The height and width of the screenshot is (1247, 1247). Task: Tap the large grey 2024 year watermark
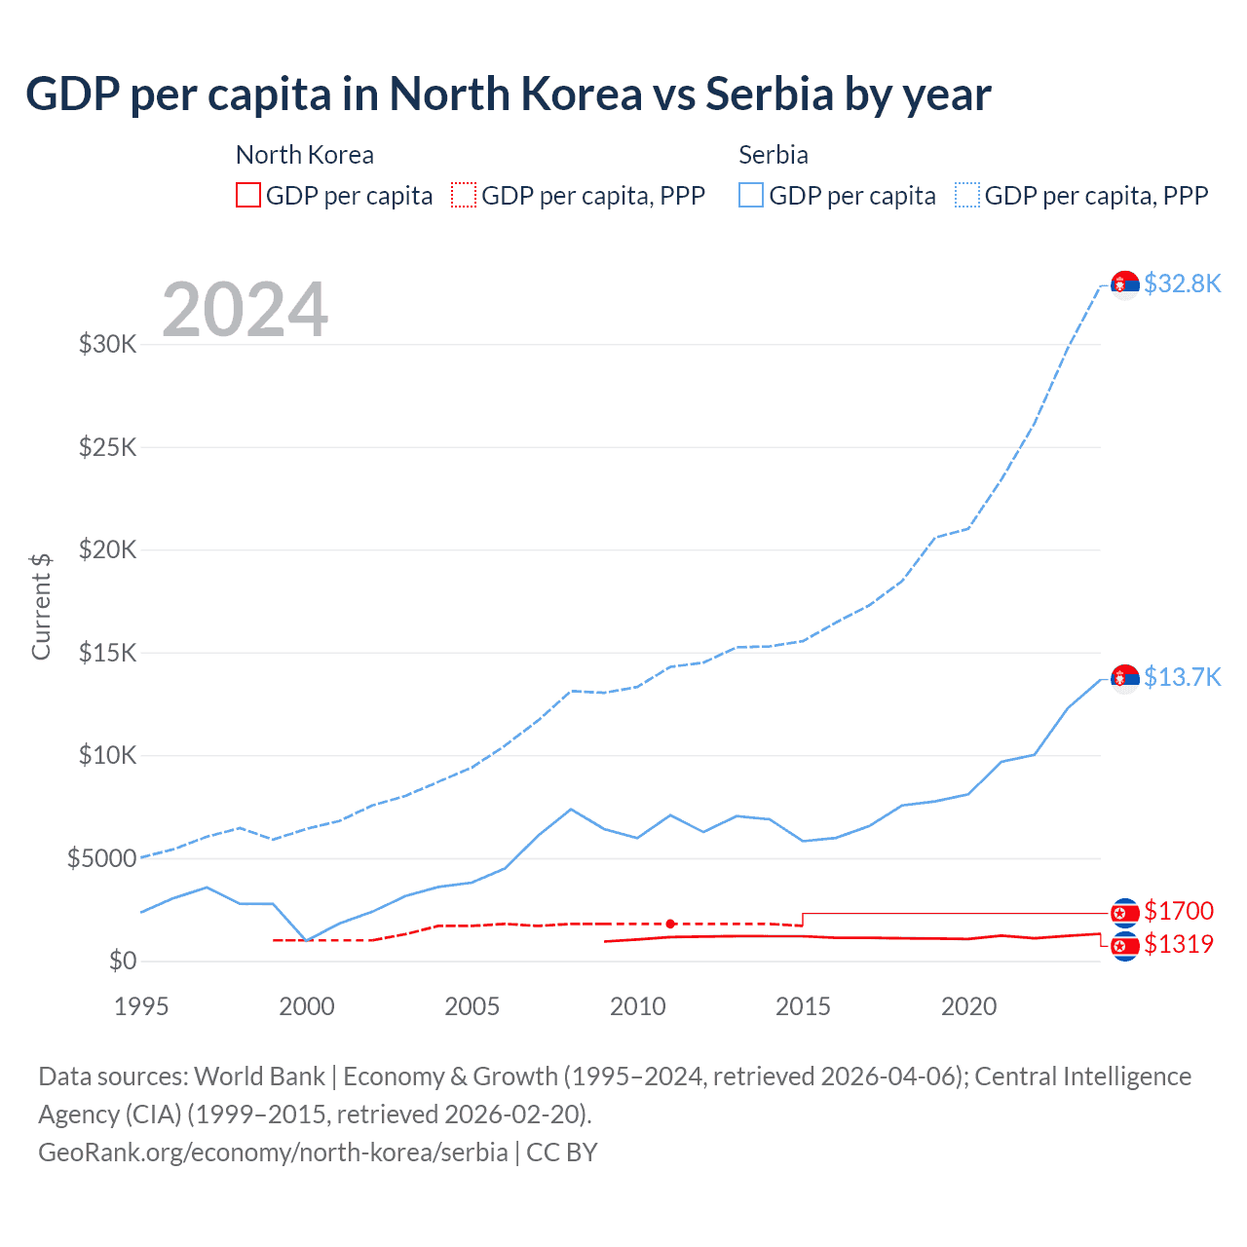point(245,310)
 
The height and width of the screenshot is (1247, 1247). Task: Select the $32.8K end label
point(1182,283)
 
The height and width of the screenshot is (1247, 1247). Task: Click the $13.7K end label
point(1182,677)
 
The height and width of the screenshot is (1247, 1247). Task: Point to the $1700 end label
point(1179,911)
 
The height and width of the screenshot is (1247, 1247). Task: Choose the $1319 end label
point(1179,944)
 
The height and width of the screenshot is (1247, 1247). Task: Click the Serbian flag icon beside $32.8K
point(1125,284)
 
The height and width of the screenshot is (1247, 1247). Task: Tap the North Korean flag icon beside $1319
point(1125,946)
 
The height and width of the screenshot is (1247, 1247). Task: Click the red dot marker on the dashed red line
point(670,924)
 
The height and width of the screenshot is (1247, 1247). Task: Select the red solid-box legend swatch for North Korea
point(248,196)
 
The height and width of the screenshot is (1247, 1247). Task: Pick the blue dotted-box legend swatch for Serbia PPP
point(967,196)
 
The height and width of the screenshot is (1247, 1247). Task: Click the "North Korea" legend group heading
point(304,155)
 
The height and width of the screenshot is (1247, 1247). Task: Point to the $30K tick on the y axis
point(107,345)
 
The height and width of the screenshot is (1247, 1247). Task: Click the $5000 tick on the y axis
point(101,858)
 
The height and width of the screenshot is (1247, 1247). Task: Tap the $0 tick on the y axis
point(122,962)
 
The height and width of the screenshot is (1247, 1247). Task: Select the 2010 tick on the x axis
point(637,1006)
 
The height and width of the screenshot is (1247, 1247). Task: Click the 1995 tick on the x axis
point(142,1006)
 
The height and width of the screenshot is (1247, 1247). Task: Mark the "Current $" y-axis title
point(41,606)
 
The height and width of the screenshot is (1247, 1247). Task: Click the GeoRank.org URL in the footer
point(273,1153)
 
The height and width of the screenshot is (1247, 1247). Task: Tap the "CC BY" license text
point(562,1153)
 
